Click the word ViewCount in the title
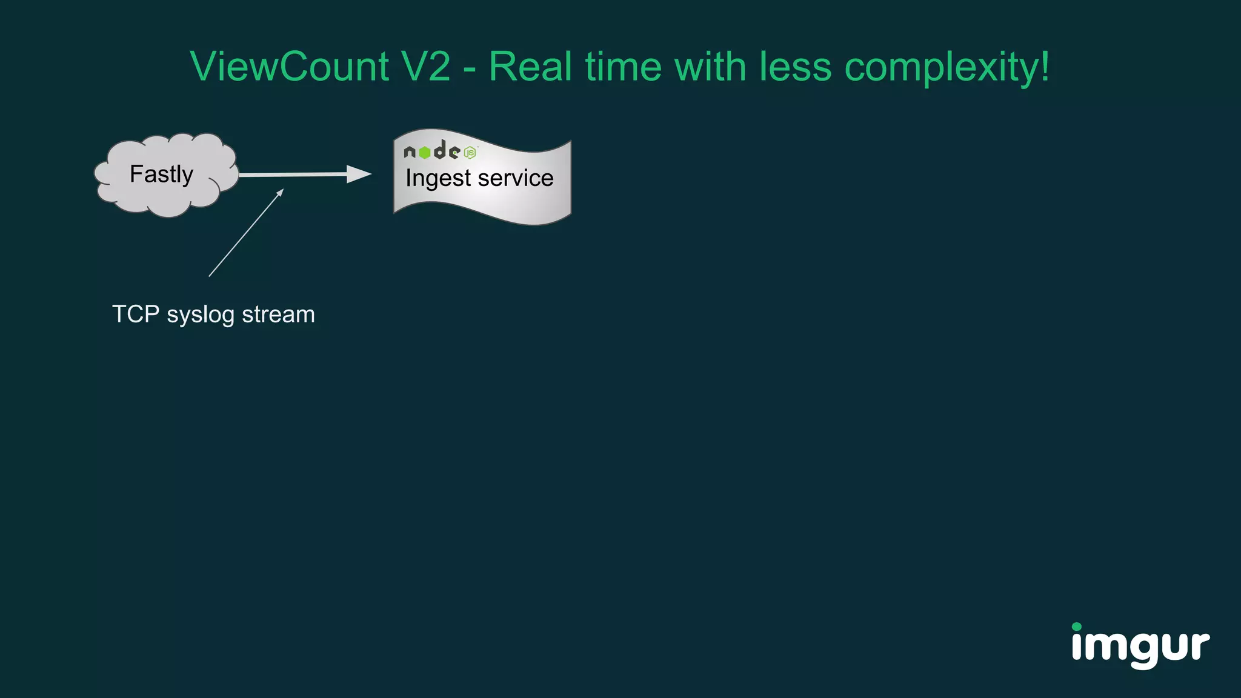point(289,67)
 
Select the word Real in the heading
point(530,67)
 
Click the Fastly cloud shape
point(164,174)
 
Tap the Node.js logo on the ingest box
point(440,151)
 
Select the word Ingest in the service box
point(438,179)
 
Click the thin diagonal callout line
point(245,233)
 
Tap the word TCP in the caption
point(136,314)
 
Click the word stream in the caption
point(278,314)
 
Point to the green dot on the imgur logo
point(1077,627)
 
